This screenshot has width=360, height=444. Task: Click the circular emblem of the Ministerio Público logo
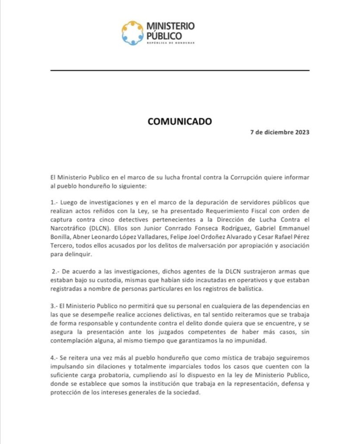pos(132,33)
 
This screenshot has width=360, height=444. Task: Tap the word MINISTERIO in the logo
pos(170,27)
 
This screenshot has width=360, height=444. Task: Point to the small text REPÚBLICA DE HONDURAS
pos(170,43)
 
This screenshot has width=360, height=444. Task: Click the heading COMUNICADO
pos(180,121)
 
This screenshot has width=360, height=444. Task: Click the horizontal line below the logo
pos(180,70)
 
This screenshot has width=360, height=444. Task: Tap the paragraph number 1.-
pos(54,202)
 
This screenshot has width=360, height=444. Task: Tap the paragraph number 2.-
pos(56,271)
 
